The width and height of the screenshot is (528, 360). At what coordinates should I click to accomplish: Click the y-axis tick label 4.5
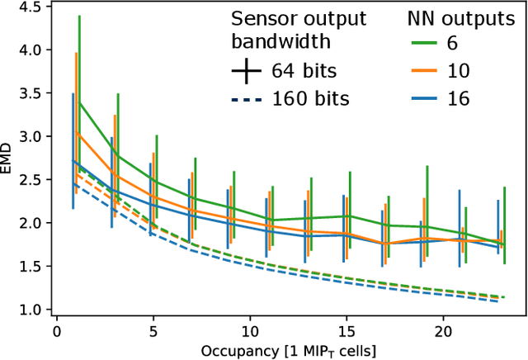(30, 7)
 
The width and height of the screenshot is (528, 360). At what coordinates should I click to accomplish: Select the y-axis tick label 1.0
(30, 310)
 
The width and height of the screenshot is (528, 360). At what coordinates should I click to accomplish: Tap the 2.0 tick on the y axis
(30, 223)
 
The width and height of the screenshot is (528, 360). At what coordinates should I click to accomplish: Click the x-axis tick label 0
(56, 329)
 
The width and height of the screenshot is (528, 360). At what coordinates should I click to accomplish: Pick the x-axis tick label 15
(346, 329)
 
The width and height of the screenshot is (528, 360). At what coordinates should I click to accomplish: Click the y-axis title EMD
(8, 158)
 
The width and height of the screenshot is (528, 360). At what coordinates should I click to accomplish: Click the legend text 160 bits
(309, 98)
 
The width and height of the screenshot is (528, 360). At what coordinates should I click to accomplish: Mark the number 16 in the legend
(458, 98)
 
